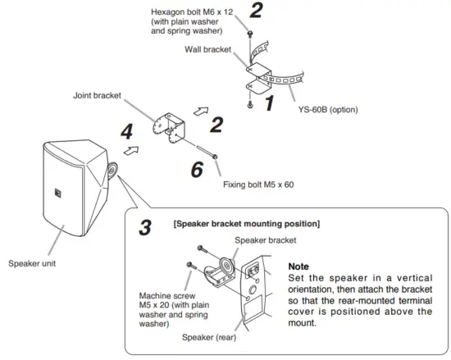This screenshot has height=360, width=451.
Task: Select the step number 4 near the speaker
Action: [125, 131]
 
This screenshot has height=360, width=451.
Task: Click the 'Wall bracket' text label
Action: [213, 50]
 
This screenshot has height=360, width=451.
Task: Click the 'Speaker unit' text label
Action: [30, 263]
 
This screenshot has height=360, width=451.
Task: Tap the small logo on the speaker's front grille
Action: [59, 194]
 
